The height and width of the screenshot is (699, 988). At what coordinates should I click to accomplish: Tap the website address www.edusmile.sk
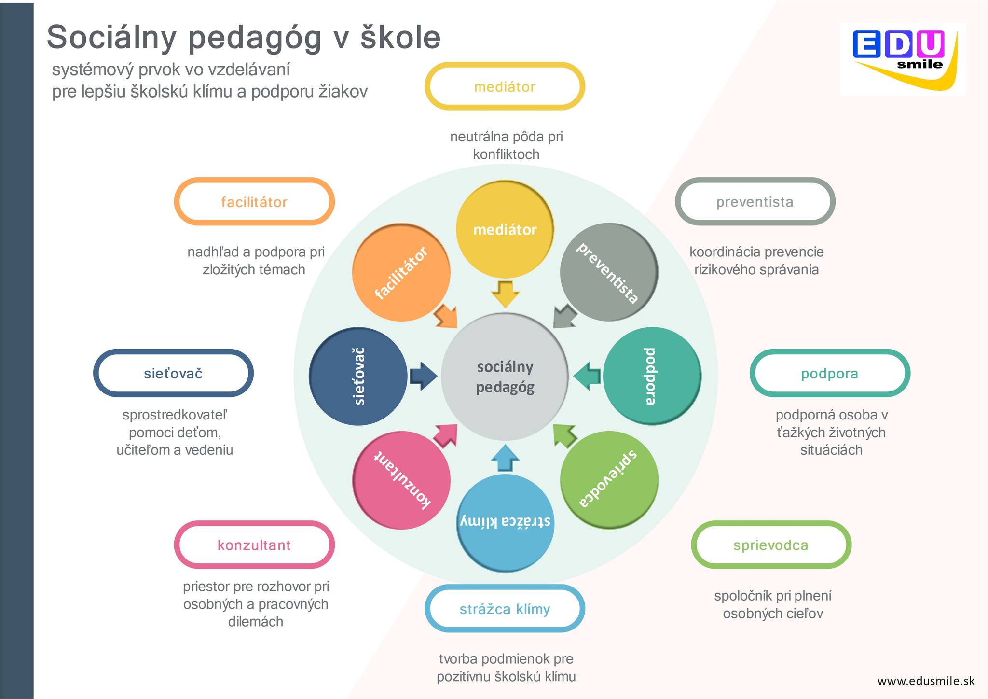pos(926,681)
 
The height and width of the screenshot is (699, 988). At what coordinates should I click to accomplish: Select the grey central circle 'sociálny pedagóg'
pos(505,377)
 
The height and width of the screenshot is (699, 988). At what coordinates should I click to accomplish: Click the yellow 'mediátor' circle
pos(505,229)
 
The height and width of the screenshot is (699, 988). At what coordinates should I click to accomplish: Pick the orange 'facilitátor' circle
pos(401,272)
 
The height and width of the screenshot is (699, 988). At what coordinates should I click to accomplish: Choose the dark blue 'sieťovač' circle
pos(358,376)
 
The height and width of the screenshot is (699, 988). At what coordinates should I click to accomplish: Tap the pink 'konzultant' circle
pos(401,480)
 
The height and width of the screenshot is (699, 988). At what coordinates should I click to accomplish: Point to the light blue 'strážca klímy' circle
pos(505,523)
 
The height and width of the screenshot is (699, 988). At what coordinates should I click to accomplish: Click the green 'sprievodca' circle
pos(609,480)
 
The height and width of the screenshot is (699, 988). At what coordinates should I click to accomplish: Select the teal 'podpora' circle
pos(652,376)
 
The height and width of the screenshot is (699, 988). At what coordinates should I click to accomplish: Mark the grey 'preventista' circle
pos(609,272)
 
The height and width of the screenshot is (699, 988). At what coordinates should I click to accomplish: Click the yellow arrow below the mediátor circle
pos(505,294)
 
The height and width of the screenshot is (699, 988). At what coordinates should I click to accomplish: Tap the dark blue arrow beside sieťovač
pos(424,376)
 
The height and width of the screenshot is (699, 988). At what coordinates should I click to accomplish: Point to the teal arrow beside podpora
pos(587,376)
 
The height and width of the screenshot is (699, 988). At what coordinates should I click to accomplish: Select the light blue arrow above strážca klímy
pos(505,458)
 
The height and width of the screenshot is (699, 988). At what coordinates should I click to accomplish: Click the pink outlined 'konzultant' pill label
pos(254,545)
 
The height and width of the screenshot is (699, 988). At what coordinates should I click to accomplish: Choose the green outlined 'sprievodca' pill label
pos(771,545)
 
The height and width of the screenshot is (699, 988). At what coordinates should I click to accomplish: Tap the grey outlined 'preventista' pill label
pos(755,201)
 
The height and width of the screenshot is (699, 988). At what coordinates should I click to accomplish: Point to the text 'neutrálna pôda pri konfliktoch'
pos(506,145)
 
